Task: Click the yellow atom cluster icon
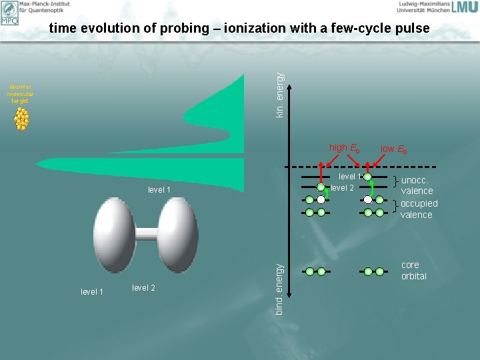coord(22,119)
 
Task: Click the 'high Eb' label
coord(344,148)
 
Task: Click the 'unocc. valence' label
coord(416,185)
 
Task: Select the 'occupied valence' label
coord(419,209)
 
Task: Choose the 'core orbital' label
coord(413,270)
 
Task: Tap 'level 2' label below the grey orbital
coord(143,287)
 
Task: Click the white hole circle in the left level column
coord(321,199)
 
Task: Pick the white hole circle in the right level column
coord(367,199)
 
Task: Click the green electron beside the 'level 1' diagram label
coord(367,176)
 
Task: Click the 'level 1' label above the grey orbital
coord(159,191)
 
